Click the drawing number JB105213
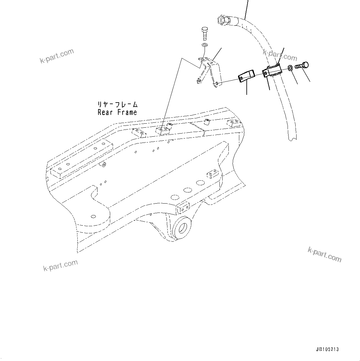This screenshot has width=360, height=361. [x=327, y=349]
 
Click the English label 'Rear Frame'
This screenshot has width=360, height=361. [x=117, y=112]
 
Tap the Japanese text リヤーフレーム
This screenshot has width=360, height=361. [x=117, y=104]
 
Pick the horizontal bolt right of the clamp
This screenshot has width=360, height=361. [x=302, y=66]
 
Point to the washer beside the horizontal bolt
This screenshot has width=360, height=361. [x=290, y=68]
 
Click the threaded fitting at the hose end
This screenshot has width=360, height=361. [x=223, y=20]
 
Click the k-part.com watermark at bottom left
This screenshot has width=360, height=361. [x=60, y=266]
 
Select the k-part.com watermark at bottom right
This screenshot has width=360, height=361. [x=324, y=254]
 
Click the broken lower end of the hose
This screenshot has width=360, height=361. [x=292, y=136]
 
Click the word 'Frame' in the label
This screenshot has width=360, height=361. [x=127, y=112]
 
